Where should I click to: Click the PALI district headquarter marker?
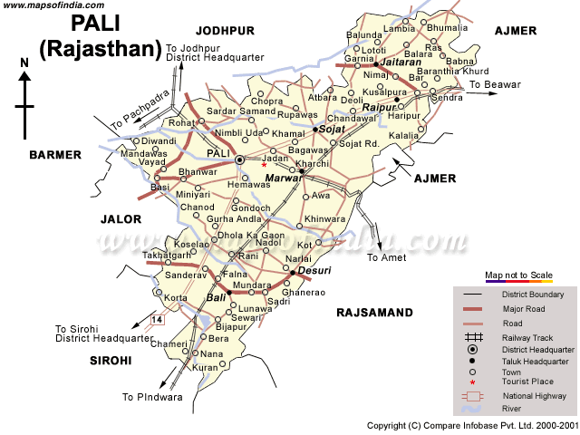coord(240,159)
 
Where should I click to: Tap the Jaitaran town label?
coord(398,63)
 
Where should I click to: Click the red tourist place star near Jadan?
coord(264,165)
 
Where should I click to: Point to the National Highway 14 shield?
coord(158,320)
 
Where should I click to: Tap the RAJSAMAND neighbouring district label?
coord(373,313)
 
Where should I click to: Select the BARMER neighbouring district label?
coord(55,155)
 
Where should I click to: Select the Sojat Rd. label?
coord(358,143)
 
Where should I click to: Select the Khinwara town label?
coord(325,219)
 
